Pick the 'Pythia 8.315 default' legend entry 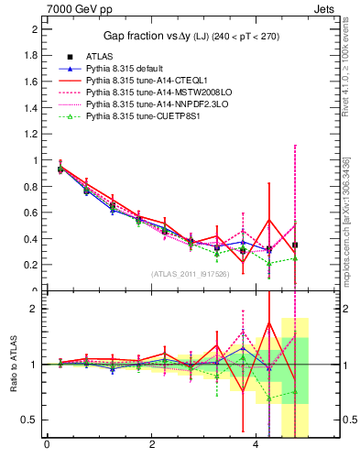pyautogui.click(x=128, y=69)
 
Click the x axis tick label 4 pyautogui.click(x=256, y=445)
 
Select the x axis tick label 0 pyautogui.click(x=47, y=445)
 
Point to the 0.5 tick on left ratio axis pyautogui.click(x=31, y=420)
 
